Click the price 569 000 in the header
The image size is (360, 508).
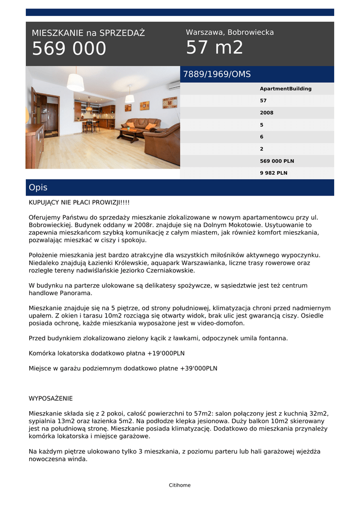pos(69,49)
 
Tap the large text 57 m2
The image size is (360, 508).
pos(215,48)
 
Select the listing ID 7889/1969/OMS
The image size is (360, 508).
pos(217,74)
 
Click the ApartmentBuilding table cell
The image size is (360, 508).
pos(286,89)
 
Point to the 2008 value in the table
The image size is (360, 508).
pos(267,113)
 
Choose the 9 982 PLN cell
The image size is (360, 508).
pos(274,173)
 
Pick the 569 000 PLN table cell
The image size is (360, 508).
pos(277,161)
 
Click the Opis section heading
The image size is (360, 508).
pos(38,188)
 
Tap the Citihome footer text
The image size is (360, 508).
pos(180,485)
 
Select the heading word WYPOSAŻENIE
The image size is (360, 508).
pos(51,398)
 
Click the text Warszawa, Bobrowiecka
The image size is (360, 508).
pos(230,32)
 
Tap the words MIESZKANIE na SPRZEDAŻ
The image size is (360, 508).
pos(88,33)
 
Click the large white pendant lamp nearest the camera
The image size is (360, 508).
pos(75,82)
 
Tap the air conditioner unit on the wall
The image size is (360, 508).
pos(174,86)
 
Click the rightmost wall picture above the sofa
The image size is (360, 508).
pos(170,103)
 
